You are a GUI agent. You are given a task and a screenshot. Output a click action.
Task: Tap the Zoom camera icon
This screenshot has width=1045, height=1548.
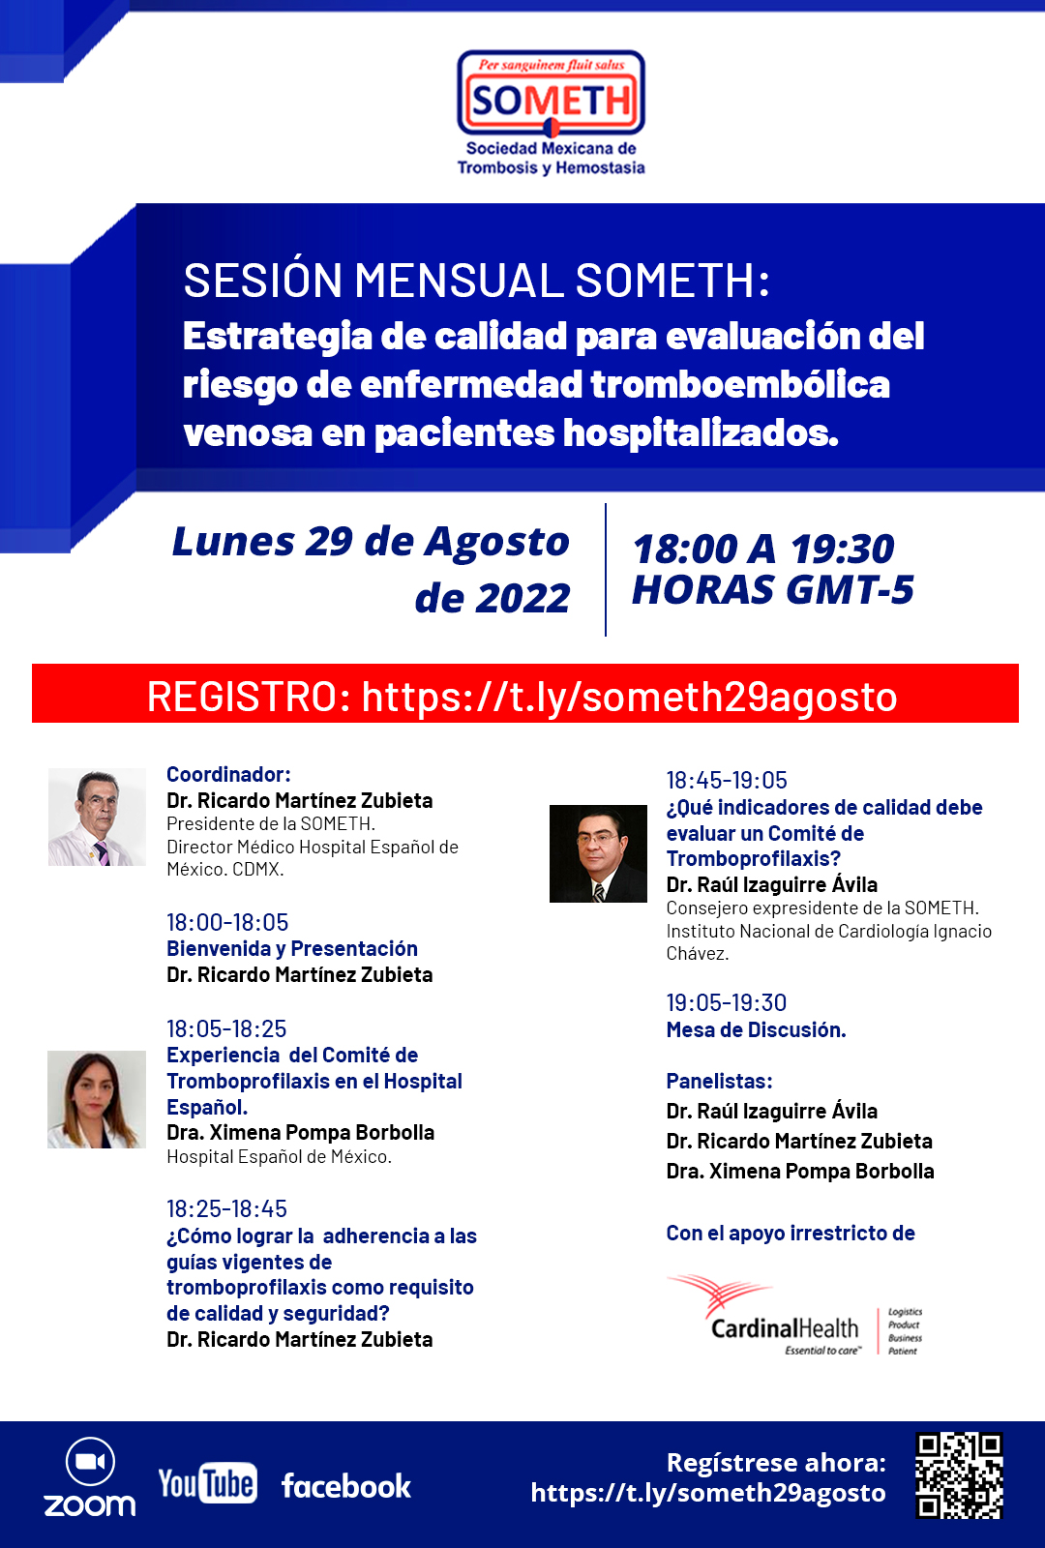(x=90, y=1462)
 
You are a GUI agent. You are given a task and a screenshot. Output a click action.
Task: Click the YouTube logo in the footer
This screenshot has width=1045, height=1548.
(x=207, y=1483)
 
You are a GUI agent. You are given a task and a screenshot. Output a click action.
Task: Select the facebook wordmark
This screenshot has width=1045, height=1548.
(x=345, y=1486)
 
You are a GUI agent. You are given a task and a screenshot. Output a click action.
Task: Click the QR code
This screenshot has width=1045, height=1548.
(x=959, y=1474)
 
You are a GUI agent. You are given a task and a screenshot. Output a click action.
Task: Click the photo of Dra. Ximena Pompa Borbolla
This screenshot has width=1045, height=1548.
(x=96, y=1099)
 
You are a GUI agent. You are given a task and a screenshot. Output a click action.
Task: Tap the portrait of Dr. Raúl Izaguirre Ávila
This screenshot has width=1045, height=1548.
(x=598, y=853)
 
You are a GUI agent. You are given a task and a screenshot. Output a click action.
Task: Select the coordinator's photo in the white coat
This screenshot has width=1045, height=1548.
(x=96, y=817)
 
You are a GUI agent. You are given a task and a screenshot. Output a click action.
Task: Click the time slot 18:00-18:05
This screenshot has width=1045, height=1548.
(x=227, y=923)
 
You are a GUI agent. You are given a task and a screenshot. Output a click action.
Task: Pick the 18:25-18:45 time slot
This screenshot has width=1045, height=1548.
(x=226, y=1209)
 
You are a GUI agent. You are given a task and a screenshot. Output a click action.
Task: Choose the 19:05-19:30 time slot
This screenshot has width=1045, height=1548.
(x=726, y=1003)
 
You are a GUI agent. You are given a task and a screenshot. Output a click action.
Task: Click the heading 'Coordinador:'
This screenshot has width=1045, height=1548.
(x=228, y=775)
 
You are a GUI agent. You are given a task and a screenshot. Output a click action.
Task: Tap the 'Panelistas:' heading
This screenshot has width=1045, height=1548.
(x=719, y=1082)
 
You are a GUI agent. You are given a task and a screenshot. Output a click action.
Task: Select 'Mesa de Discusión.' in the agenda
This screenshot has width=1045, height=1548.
(x=756, y=1030)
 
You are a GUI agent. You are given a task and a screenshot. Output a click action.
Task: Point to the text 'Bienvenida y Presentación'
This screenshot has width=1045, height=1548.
(x=292, y=949)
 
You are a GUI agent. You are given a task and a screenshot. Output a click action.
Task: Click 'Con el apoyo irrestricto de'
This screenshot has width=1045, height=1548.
(x=790, y=1234)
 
